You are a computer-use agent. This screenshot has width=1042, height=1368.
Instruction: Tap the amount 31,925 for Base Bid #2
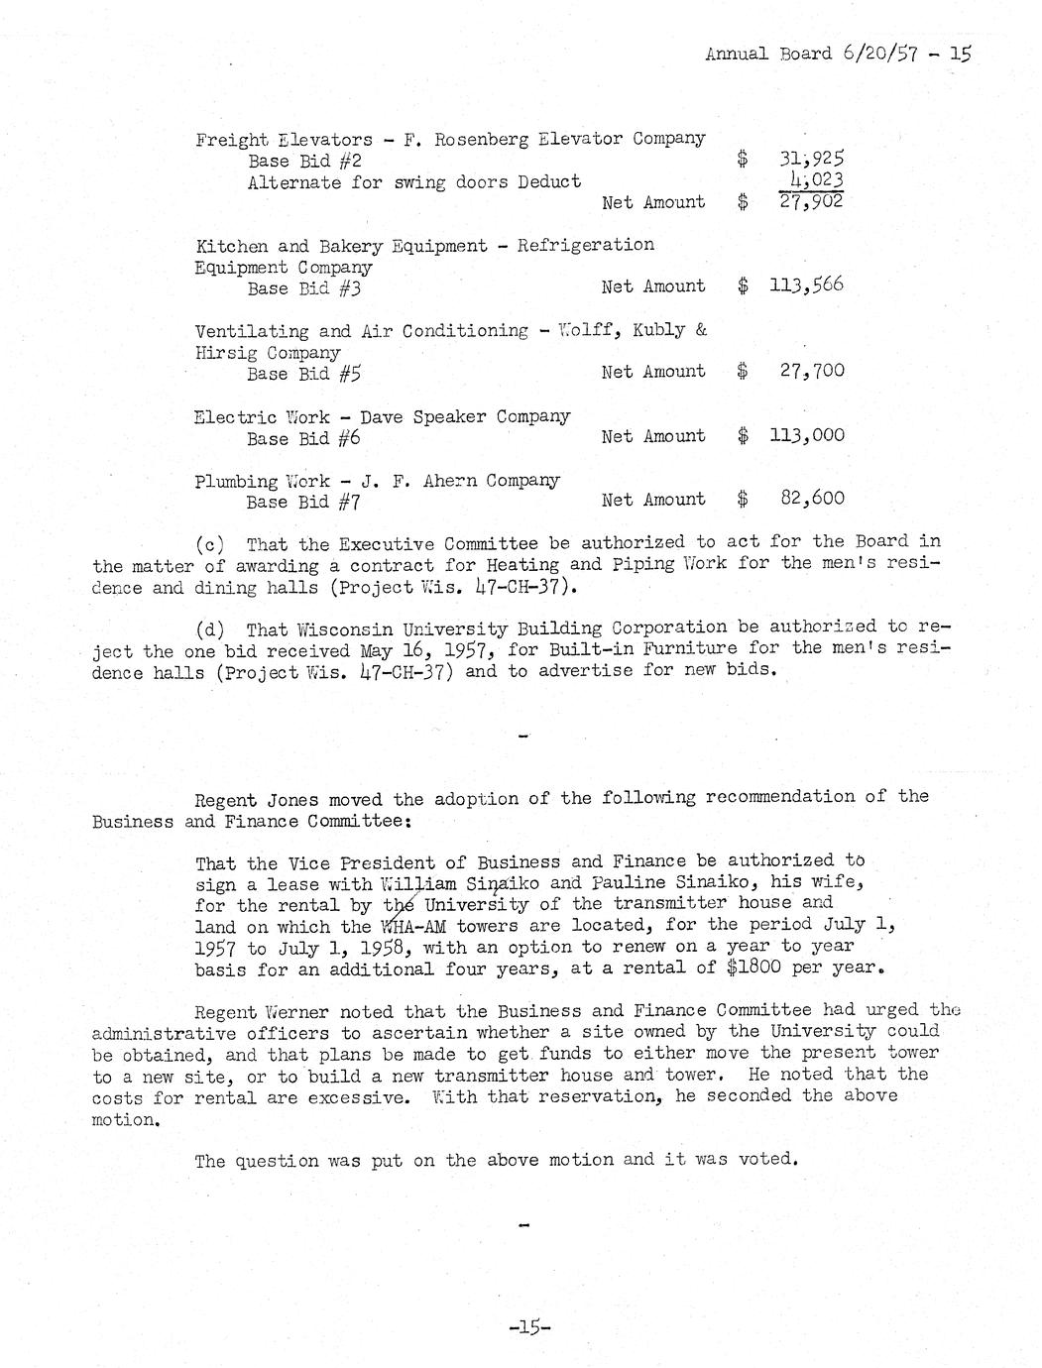coord(812,159)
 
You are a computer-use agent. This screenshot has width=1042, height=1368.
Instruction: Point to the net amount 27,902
coord(812,201)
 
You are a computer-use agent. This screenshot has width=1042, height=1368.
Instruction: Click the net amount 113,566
coord(807,286)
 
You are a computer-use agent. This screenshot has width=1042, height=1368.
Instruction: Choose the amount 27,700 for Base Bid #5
coord(812,372)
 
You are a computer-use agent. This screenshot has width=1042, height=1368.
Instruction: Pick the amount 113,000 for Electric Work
coord(807,435)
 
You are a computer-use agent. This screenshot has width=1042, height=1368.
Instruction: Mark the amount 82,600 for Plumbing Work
coord(812,499)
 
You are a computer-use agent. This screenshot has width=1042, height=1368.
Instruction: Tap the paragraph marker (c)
coord(211,543)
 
